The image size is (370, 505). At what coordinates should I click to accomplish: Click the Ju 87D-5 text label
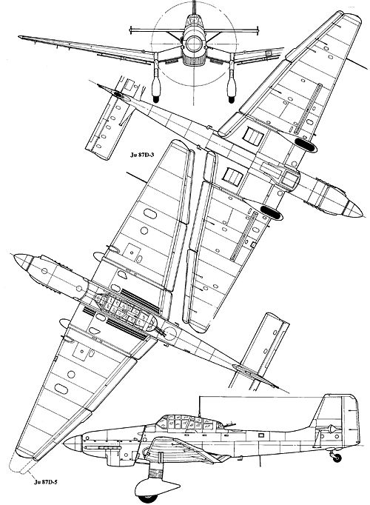pos(45,482)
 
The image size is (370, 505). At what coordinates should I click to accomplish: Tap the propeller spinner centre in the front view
pos(194,43)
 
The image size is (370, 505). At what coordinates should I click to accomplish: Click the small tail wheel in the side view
pos(337,458)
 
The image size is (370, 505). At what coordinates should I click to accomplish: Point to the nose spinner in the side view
pos(72,444)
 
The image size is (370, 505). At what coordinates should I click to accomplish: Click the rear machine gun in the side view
pos(230,425)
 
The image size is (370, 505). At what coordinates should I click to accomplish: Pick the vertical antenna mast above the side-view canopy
pos(200,406)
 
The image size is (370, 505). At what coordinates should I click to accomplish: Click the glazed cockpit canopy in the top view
pos(125,310)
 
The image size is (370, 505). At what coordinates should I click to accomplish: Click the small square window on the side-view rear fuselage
pos(261,435)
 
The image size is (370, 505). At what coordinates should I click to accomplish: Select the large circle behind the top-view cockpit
pos(169,335)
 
